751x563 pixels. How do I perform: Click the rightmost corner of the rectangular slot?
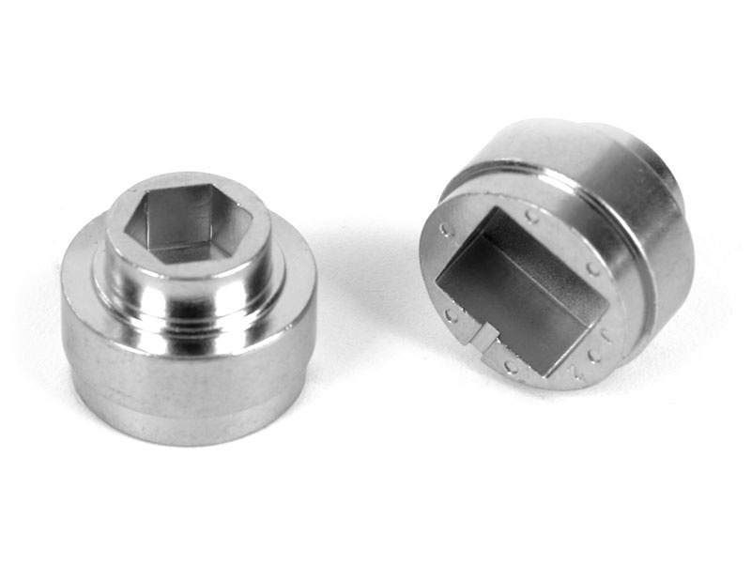[x=602, y=300]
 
